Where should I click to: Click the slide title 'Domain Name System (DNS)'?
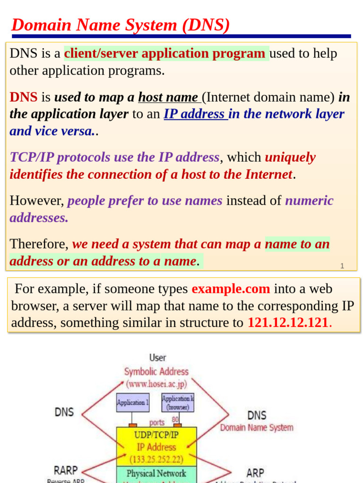(121, 25)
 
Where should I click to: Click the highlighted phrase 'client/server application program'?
(164, 53)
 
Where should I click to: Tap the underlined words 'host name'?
(168, 97)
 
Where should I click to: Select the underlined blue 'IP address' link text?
(194, 114)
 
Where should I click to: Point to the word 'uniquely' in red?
(290, 157)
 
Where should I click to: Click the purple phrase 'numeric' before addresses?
(309, 200)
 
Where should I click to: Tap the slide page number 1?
(342, 266)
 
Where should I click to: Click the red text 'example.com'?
(231, 289)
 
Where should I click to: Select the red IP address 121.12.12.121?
(287, 323)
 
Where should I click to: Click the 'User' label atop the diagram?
(157, 358)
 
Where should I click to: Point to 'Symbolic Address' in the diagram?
(156, 372)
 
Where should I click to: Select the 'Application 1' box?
(133, 402)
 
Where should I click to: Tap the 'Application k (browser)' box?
(178, 402)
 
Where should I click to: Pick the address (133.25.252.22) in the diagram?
(156, 459)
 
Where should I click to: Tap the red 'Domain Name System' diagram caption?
(256, 428)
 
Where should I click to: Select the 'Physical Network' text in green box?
(156, 473)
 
